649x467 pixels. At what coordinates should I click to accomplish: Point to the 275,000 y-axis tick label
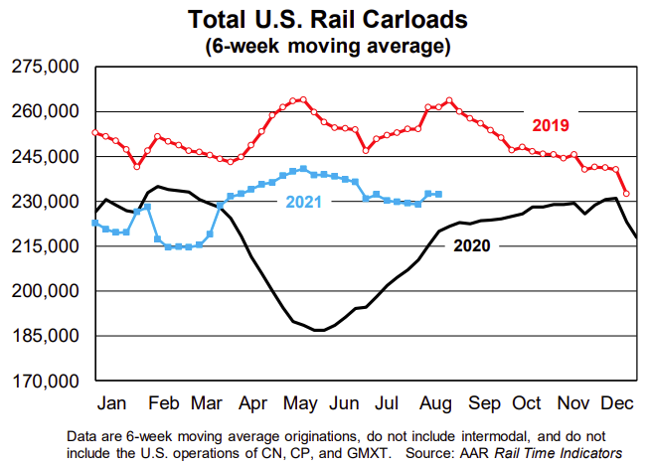coord(46,67)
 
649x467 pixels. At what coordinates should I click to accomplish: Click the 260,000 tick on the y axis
coord(46,111)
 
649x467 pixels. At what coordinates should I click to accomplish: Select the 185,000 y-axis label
coord(46,336)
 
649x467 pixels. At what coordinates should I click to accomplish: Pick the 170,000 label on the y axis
coord(46,381)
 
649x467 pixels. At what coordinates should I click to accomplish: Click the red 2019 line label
coord(550,125)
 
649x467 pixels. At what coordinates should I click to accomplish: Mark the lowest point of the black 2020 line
coord(318,330)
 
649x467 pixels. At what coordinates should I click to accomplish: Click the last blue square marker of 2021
coord(438,194)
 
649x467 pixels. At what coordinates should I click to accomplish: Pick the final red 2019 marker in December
coord(626,194)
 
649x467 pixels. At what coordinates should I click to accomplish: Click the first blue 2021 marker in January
coord(94,223)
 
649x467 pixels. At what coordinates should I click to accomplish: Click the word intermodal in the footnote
coord(450,436)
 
